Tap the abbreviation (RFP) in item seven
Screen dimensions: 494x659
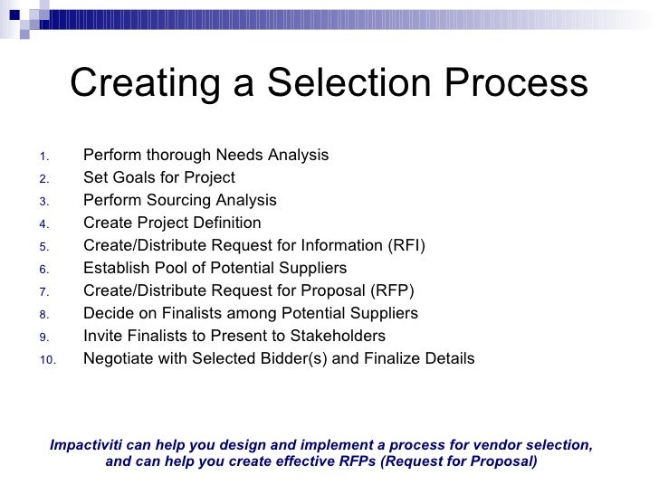(x=395, y=291)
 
